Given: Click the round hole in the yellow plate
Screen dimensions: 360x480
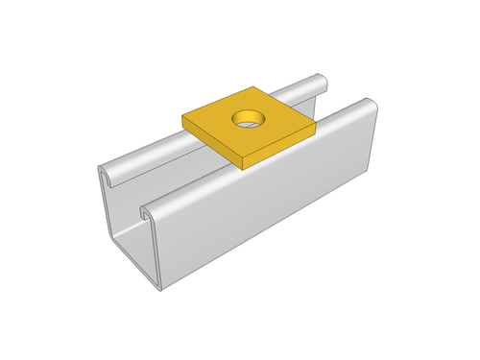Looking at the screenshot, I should coord(248,120).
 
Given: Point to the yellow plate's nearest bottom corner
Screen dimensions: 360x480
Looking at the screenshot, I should coord(241,166).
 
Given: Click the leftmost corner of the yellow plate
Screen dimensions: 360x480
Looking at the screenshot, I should coord(181,118).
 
